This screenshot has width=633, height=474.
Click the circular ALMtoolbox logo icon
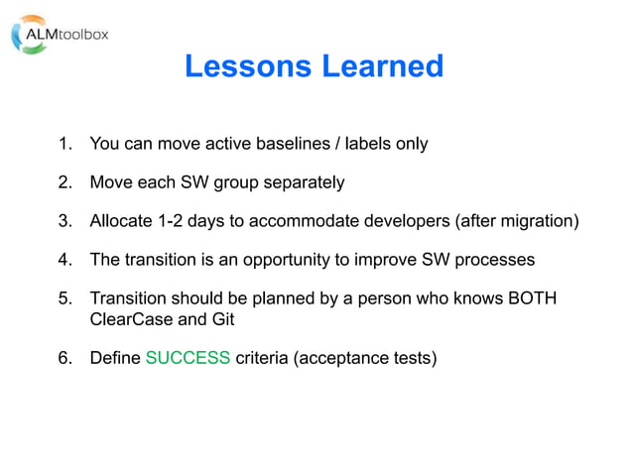point(29,34)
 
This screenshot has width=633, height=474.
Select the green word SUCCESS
point(188,358)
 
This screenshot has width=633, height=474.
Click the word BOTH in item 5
point(532,298)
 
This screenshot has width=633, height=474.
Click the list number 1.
point(65,144)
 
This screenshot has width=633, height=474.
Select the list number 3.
point(65,221)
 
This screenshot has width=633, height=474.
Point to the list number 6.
point(65,358)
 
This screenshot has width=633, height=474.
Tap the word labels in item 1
point(368,144)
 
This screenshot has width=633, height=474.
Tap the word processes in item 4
point(495,260)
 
